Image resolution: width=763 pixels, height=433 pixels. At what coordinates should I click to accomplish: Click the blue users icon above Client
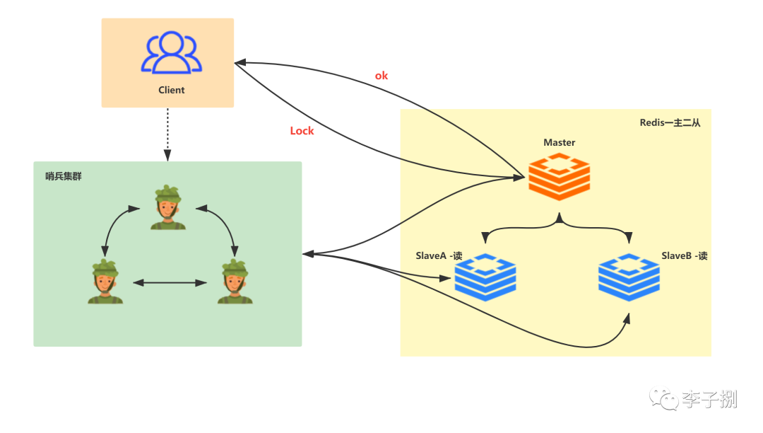171,52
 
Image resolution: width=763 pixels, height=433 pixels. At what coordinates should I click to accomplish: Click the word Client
171,90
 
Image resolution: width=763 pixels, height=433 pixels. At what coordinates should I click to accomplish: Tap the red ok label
381,76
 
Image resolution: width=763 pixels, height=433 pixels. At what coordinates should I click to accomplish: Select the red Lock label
302,130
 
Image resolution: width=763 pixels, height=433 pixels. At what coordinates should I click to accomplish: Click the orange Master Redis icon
559,176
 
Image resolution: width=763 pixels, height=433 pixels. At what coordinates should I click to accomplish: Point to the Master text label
559,142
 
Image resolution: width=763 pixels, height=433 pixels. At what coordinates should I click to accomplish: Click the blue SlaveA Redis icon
485,277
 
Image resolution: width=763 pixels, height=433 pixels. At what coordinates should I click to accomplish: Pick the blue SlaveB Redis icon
629,277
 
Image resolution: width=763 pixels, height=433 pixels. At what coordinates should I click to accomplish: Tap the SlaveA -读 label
439,255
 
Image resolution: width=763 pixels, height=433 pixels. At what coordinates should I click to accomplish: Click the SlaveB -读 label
684,255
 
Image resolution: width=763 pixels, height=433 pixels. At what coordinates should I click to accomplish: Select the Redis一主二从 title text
670,122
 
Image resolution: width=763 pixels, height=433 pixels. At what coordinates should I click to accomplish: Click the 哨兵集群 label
64,176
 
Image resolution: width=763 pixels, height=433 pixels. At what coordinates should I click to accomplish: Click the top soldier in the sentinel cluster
168,207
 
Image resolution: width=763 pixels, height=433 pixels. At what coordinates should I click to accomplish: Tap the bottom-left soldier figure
105,282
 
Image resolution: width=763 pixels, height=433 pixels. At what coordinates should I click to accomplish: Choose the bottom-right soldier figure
235,282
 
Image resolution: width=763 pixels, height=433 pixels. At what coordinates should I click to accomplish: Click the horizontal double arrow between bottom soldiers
170,282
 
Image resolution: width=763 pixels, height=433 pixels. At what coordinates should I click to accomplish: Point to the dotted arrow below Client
167,134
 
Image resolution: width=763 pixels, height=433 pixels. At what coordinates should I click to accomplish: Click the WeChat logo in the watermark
663,398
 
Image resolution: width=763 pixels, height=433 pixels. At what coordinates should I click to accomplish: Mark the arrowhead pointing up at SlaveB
627,318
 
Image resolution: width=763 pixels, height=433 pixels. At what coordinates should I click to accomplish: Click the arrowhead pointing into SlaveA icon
445,278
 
